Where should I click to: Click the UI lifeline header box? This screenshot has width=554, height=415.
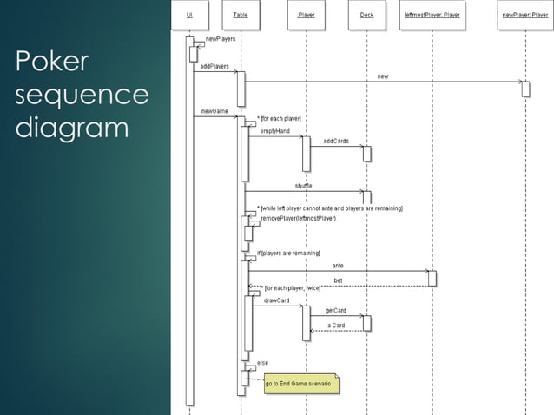pos(189,15)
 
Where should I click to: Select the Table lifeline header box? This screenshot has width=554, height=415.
pos(241,15)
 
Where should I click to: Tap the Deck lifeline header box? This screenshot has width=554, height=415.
pos(366,15)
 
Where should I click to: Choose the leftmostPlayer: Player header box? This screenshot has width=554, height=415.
pos(432,15)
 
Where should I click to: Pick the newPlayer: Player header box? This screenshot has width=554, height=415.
pos(524,15)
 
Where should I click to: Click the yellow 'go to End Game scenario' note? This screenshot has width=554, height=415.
pos(300,383)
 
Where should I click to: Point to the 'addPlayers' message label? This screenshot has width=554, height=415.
pos(214,66)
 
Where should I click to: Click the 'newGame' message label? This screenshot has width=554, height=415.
pos(214,111)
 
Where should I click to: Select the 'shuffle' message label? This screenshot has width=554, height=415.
pos(303,186)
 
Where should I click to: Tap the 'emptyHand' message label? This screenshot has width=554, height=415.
pos(275,131)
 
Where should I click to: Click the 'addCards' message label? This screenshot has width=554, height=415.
pos(336,141)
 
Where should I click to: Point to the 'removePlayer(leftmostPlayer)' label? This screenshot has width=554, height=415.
pos(298,218)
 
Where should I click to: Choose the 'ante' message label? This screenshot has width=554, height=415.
pos(338,265)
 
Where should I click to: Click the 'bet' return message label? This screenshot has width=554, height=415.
pos(338,280)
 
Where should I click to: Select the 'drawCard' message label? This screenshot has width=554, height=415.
pos(276,300)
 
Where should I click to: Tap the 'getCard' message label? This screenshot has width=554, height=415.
pos(336,310)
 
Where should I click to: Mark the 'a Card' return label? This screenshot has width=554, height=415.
pos(336,326)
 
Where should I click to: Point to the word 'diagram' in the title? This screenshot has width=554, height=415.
pos(72,128)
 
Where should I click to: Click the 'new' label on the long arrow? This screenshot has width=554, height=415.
pos(383,76)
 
